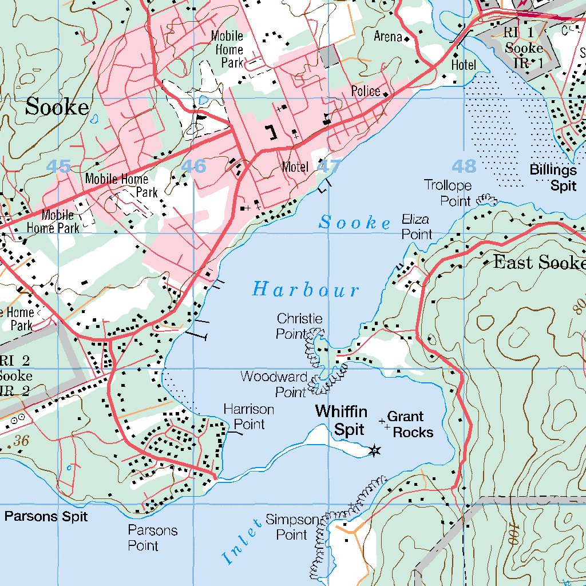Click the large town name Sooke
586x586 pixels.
(x=57, y=107)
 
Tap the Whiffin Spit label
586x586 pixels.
(x=341, y=421)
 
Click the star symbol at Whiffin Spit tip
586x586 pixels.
(x=374, y=452)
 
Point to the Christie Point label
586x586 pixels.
(x=299, y=326)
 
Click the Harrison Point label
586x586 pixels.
(x=248, y=417)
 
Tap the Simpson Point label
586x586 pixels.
(x=292, y=527)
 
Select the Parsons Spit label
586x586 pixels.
(x=46, y=517)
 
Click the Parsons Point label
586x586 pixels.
(x=152, y=537)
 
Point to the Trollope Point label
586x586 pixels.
(x=448, y=193)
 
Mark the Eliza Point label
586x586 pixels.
(x=417, y=227)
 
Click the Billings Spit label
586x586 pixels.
(x=553, y=177)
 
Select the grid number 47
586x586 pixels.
(x=328, y=167)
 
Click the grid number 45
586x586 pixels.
(x=58, y=167)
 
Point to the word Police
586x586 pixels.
(x=366, y=92)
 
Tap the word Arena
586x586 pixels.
(x=388, y=37)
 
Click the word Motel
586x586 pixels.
(x=295, y=168)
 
